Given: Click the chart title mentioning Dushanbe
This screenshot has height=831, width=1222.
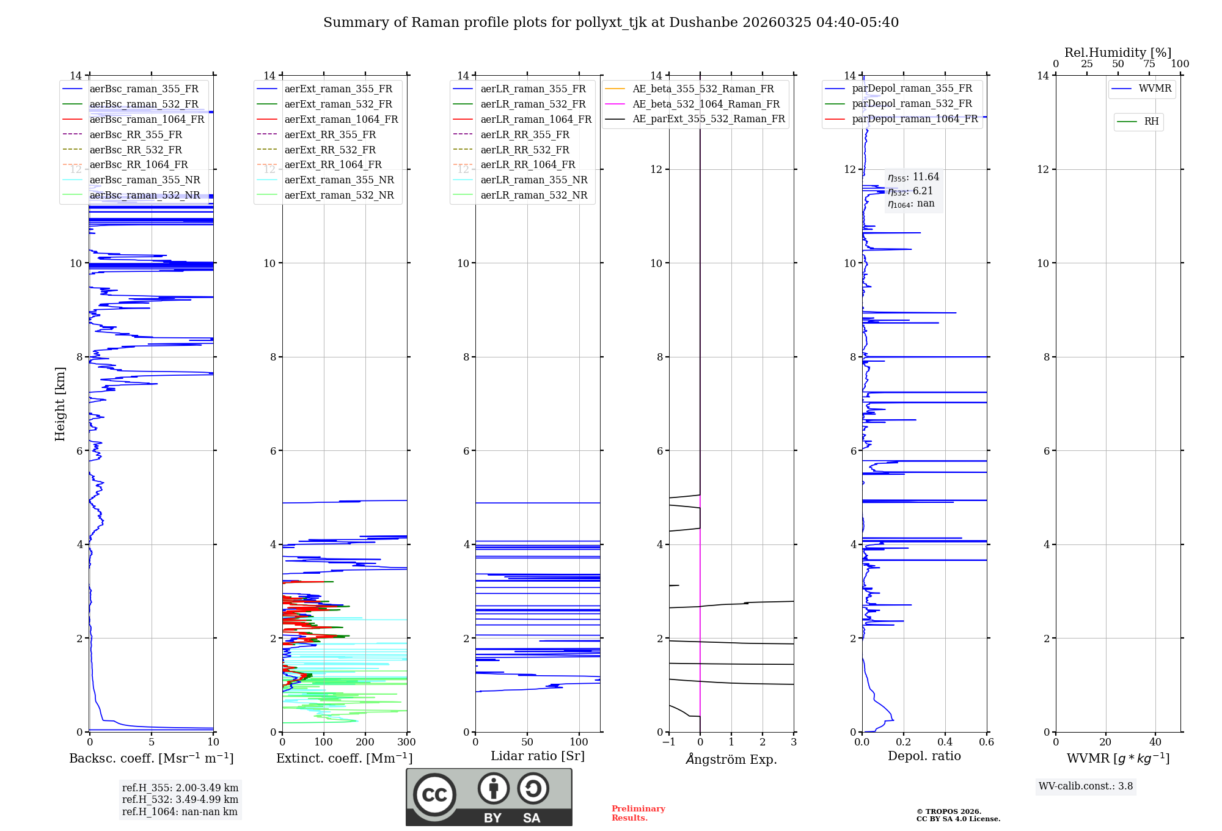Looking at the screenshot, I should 611,23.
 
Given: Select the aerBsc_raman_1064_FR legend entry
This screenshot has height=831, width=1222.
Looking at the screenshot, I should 147,120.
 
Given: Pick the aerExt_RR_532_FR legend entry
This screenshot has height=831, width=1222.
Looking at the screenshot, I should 330,150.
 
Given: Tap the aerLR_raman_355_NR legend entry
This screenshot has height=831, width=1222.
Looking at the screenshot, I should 533,180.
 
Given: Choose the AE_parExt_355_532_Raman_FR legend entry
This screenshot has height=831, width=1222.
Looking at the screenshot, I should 708,119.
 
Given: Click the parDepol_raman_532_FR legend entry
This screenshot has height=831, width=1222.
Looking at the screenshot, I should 912,104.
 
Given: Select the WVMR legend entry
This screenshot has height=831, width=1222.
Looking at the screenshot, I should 1155,89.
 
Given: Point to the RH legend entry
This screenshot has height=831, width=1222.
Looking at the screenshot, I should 1151,122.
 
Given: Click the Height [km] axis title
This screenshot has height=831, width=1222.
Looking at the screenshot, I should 60,404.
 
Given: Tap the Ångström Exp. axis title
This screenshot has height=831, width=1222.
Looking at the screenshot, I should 731,759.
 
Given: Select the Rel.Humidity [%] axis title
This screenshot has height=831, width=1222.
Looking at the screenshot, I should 1118,53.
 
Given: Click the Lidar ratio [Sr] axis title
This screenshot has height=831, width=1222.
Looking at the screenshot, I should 538,756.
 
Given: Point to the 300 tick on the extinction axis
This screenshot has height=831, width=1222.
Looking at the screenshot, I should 406,742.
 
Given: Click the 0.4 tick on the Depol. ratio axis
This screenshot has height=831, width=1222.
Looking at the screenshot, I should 945,742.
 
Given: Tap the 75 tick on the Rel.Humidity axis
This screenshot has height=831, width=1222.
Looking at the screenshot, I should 1149,64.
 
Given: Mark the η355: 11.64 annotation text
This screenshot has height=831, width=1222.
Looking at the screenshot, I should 913,177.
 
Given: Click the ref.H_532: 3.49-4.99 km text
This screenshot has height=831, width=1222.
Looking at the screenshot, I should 180,799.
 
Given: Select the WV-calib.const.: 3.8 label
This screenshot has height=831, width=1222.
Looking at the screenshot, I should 1086,786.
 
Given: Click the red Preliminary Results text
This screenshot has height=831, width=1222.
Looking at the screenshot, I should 638,813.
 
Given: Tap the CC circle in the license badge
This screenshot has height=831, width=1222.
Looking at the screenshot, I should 434,795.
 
